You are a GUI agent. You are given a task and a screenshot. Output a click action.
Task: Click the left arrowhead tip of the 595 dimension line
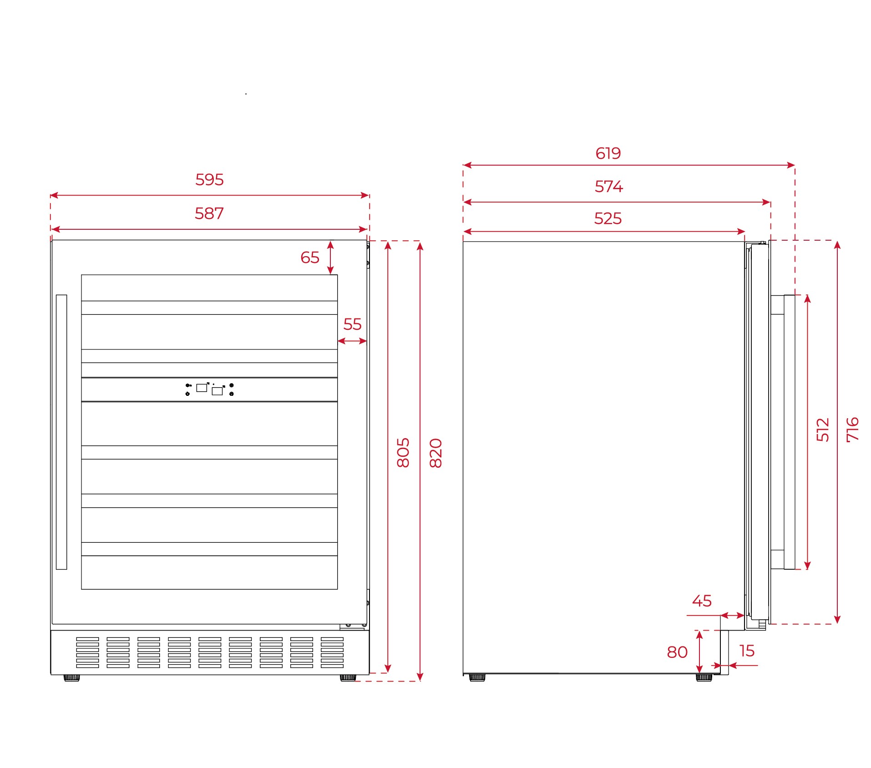tap(50, 195)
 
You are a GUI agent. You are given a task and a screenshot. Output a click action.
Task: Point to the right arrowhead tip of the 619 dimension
tap(795, 165)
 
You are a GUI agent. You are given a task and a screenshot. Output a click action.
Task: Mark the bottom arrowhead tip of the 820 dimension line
tap(420, 681)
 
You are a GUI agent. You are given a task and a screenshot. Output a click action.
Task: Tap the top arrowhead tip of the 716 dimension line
tap(837, 241)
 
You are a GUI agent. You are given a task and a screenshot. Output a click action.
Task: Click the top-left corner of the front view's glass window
tap(81, 275)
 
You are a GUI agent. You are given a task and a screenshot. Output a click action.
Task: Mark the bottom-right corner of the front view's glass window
tap(338, 589)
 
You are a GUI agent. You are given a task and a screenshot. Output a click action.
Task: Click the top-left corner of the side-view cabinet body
tap(463, 242)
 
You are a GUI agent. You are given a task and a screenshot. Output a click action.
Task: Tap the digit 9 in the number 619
tap(616, 153)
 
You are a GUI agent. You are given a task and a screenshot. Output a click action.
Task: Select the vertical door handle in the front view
tap(61, 432)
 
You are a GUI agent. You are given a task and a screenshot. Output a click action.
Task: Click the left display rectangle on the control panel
tap(202, 388)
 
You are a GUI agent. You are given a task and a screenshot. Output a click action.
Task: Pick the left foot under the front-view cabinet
tap(71, 677)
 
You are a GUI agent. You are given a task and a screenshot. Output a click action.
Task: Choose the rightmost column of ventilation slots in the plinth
tap(332, 652)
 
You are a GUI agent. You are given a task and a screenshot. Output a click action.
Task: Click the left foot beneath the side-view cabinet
tap(477, 677)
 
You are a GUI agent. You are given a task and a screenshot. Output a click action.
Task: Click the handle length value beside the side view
tap(823, 429)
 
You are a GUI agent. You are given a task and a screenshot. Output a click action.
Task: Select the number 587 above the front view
tap(209, 213)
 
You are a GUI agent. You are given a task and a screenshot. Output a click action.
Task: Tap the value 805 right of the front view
tap(403, 453)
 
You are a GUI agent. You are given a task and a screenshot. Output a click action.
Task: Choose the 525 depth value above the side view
tap(608, 218)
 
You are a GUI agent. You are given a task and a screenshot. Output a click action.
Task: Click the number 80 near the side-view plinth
tap(677, 652)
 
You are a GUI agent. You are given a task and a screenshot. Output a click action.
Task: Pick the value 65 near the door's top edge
tap(310, 258)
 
